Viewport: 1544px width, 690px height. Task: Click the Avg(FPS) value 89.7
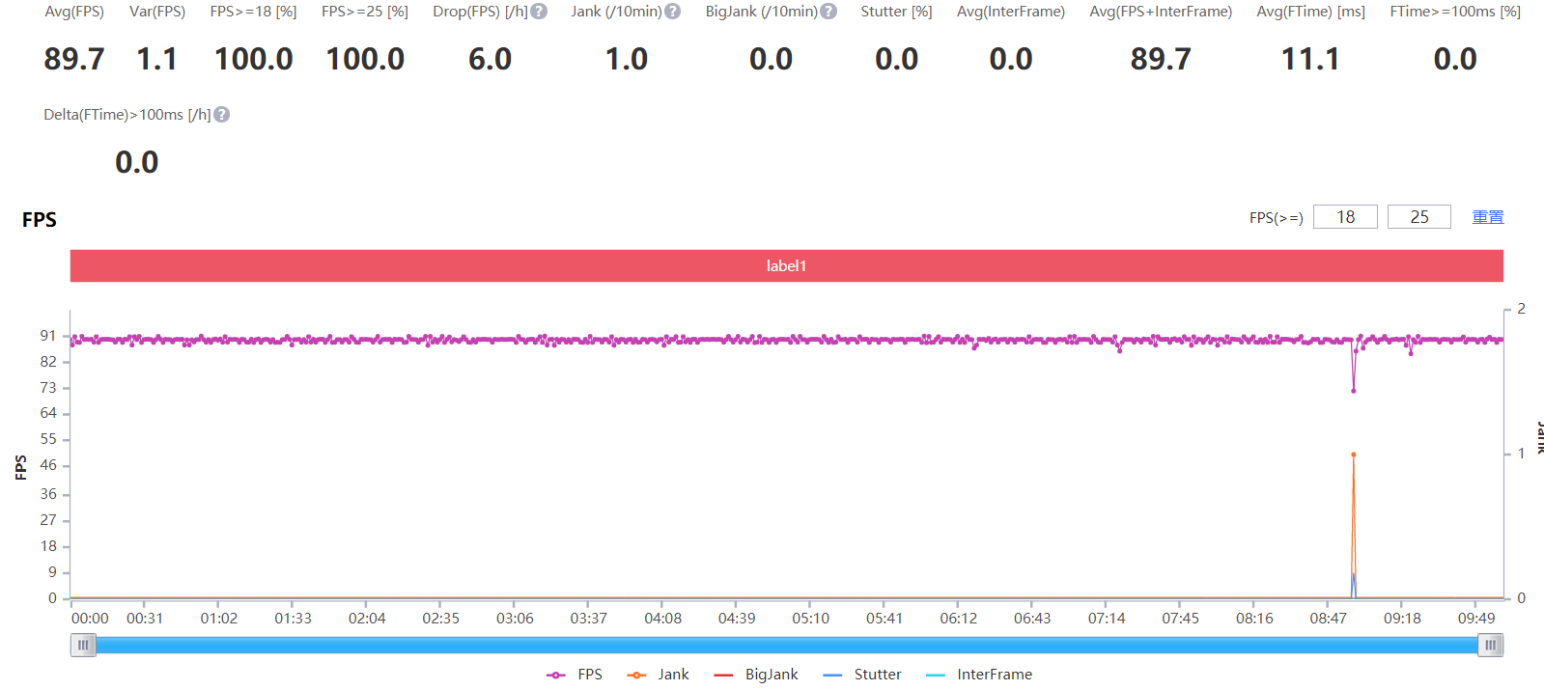click(x=74, y=59)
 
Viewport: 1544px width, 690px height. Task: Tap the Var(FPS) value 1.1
click(x=156, y=59)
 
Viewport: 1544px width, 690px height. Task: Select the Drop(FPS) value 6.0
click(x=490, y=59)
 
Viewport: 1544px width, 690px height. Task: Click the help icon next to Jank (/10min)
click(x=673, y=12)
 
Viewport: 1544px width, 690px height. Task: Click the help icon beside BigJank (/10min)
click(x=828, y=12)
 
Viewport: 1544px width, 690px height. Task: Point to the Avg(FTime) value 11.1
click(x=1309, y=59)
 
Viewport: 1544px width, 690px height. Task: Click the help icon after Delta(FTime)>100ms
click(x=222, y=115)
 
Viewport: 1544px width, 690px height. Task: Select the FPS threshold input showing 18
click(x=1345, y=217)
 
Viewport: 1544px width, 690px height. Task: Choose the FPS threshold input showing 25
click(x=1418, y=217)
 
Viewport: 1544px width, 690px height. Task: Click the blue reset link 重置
click(x=1487, y=217)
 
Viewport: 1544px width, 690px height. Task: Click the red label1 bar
click(x=786, y=266)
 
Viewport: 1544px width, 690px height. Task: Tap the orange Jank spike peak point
click(x=1353, y=455)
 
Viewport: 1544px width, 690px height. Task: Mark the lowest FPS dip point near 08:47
click(x=1353, y=391)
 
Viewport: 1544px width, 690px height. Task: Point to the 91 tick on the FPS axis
click(x=48, y=336)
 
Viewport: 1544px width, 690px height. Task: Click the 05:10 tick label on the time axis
click(x=810, y=619)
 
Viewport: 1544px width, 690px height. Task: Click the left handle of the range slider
click(x=83, y=646)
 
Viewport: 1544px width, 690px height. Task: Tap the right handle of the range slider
click(x=1490, y=646)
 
